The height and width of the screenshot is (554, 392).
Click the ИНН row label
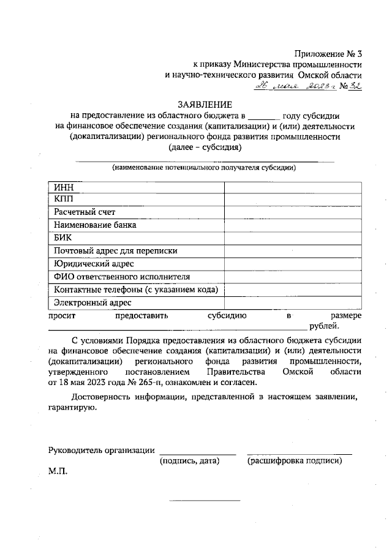pyautogui.click(x=63, y=187)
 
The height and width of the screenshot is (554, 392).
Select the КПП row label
pyautogui.click(x=63, y=199)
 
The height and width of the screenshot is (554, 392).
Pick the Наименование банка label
pyautogui.click(x=94, y=225)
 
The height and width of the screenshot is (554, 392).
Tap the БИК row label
pyautogui.click(x=63, y=238)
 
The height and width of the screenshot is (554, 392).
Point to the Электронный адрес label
pyautogui.click(x=92, y=302)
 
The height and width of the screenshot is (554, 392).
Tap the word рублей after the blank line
pyautogui.click(x=324, y=326)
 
